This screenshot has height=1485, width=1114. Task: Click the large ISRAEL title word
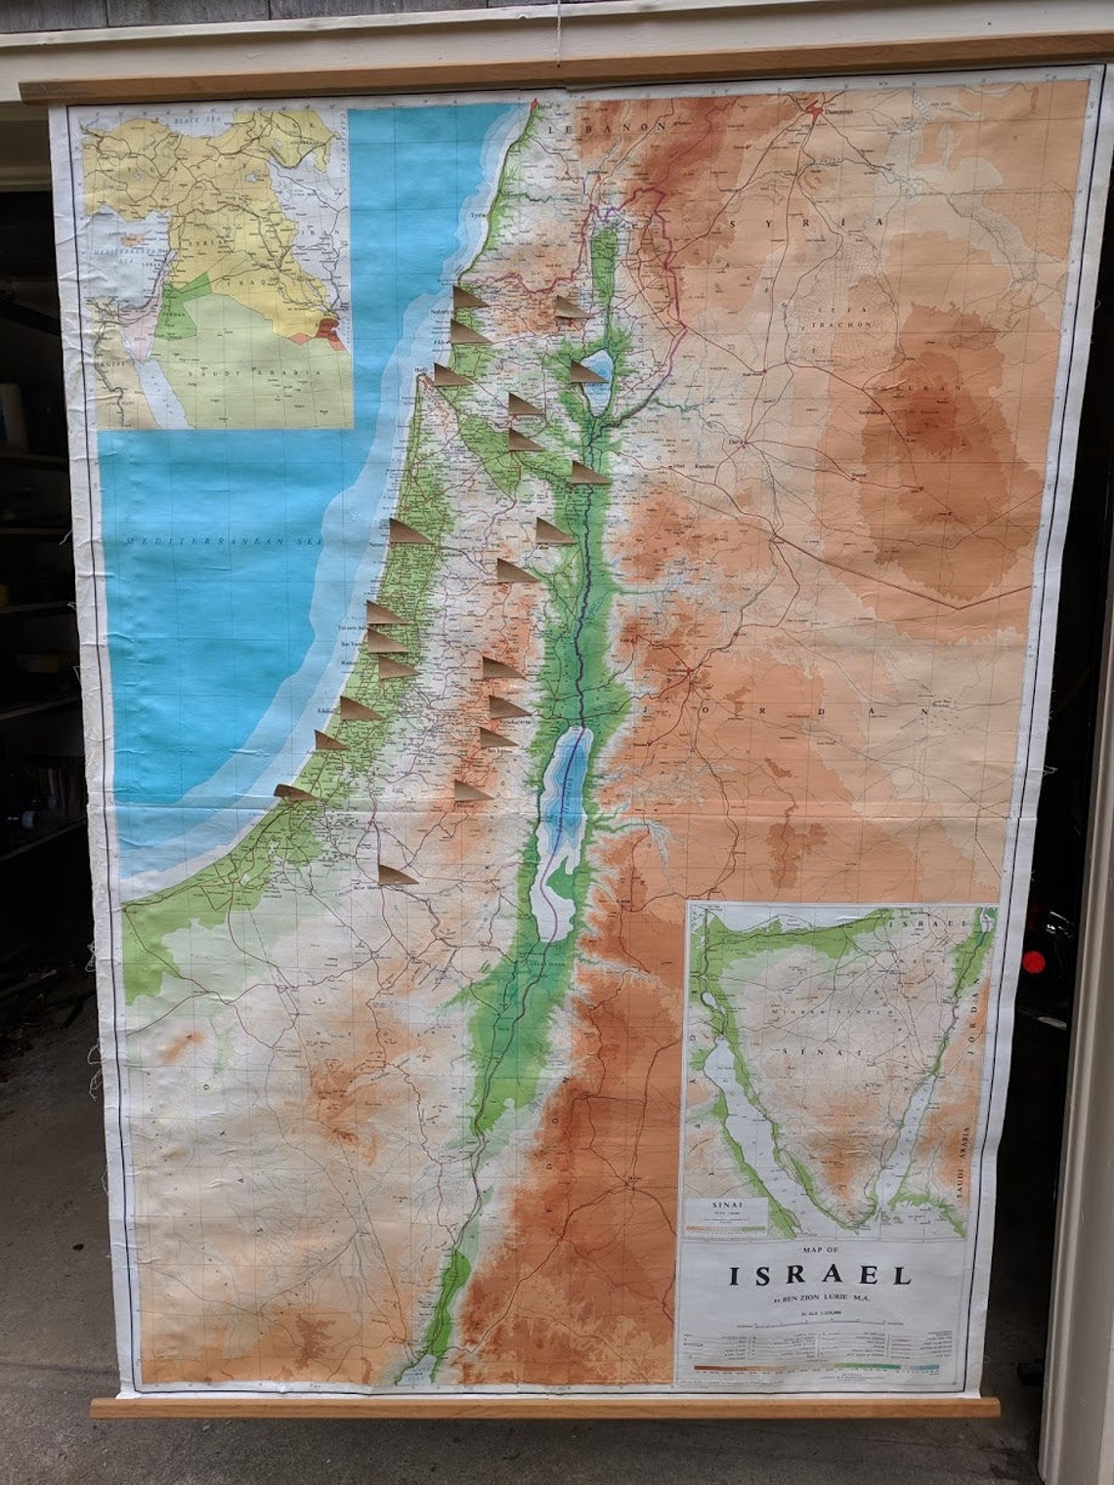click(820, 1275)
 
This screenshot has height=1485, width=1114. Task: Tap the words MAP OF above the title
click(819, 1250)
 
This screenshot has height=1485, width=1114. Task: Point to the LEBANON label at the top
click(607, 128)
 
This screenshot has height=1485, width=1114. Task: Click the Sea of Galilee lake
click(599, 366)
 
